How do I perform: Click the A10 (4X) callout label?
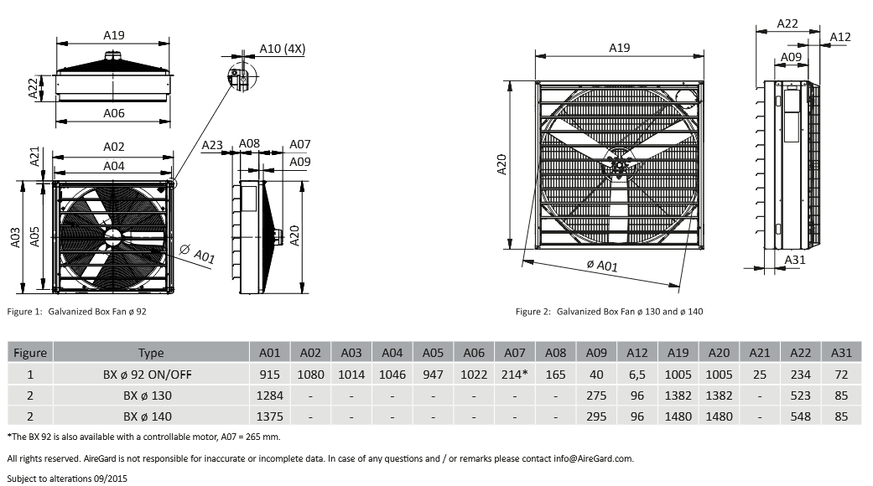point(283,49)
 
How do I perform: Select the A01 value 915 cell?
point(269,375)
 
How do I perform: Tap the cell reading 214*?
point(514,375)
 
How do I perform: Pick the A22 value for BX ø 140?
point(801,416)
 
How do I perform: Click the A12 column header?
point(637,353)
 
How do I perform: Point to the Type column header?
point(151,353)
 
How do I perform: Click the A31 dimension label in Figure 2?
point(795,260)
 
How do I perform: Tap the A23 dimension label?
point(212,146)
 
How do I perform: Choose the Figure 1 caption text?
point(77,312)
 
